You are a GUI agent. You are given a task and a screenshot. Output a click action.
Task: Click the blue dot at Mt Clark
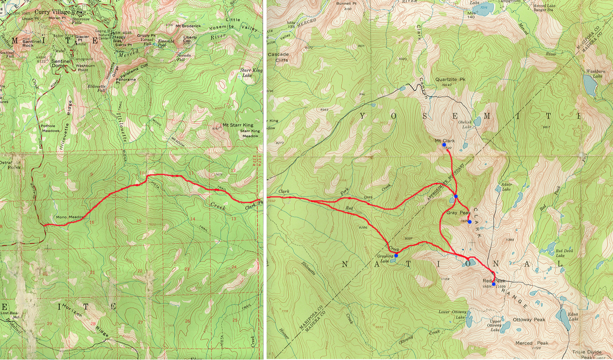pyautogui.click(x=444, y=145)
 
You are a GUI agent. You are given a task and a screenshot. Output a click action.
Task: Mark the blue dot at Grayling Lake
pyautogui.click(x=396, y=255)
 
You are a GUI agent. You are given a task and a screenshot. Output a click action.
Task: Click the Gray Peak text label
pyautogui.click(x=458, y=212)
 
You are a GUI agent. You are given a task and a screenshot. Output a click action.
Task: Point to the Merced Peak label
pyautogui.click(x=532, y=343)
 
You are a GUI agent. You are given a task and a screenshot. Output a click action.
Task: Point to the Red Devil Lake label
pyautogui.click(x=564, y=253)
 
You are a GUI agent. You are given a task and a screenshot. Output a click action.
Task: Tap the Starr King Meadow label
pyautogui.click(x=249, y=134)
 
